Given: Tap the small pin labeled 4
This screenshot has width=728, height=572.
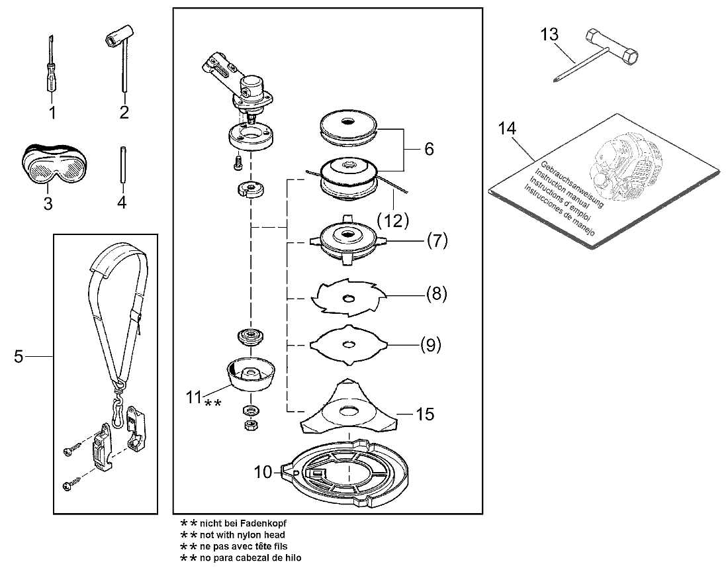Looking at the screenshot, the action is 123,165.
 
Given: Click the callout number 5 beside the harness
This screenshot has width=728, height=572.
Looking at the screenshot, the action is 18,357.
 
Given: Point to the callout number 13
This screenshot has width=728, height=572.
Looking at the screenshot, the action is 549,34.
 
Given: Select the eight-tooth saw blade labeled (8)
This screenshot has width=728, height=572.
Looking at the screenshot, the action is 348,297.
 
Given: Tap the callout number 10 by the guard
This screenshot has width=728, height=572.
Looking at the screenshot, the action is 263,472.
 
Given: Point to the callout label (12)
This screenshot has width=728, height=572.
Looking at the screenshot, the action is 393,220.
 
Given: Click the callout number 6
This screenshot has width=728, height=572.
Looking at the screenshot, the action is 429,149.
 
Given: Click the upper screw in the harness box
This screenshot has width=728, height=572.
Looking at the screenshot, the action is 69,450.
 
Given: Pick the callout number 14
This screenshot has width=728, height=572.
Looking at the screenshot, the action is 507,128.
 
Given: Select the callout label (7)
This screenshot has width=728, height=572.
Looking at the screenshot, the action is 437,240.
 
